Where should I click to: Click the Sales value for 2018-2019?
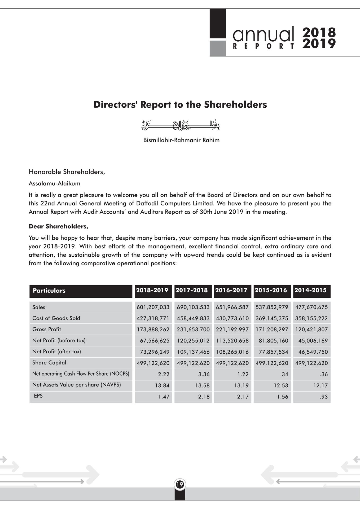(153, 307)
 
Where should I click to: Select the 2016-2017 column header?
(231, 290)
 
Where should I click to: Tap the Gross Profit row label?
(47, 329)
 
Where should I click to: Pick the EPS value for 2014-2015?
(324, 397)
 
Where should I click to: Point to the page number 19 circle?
(180, 485)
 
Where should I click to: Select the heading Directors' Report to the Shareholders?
(180, 104)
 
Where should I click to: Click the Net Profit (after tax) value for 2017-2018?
(193, 352)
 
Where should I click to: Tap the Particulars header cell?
(49, 291)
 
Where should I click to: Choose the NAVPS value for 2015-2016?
(281, 385)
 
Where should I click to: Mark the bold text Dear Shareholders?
(59, 226)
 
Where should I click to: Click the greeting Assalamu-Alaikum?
(54, 183)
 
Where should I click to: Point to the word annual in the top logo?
(263, 34)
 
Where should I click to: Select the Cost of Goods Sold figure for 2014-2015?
(311, 318)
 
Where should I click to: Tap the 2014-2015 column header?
(310, 290)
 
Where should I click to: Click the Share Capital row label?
(49, 363)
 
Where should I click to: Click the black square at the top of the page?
(218, 24)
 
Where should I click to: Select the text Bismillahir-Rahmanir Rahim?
(181, 140)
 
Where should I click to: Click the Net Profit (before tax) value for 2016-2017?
(232, 341)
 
